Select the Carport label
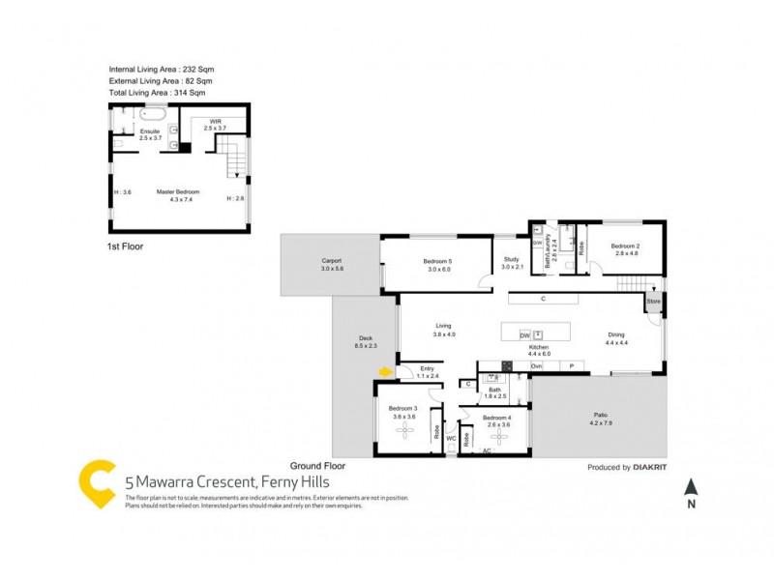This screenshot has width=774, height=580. point(332,265)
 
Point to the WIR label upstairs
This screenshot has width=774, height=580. point(215,123)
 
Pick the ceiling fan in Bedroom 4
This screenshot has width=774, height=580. point(496,434)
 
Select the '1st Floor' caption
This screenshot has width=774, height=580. point(125,246)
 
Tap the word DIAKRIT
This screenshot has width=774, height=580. point(654,468)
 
